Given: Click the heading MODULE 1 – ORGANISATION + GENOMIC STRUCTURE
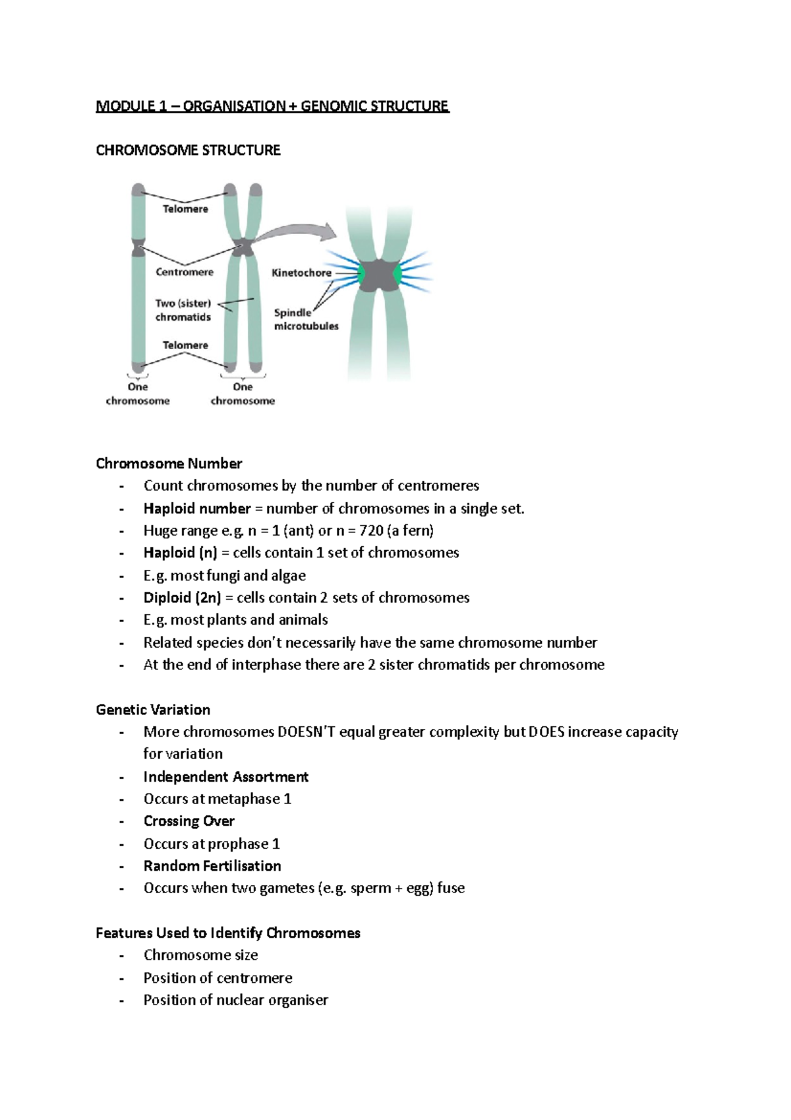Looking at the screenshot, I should click(272, 106).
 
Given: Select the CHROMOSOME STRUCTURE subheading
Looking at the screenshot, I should click(188, 150).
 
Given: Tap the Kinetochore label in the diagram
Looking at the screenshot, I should click(301, 272).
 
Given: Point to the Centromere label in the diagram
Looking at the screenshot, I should click(185, 272).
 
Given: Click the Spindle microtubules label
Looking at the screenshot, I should click(306, 319).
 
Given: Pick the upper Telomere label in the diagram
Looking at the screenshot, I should click(185, 208).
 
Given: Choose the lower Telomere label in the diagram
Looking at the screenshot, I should click(185, 345).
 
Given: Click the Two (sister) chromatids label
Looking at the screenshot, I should click(183, 310).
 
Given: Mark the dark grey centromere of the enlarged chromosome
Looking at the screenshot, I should click(378, 275).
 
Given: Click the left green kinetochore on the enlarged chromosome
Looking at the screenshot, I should click(361, 273).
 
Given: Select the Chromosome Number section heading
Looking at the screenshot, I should click(169, 464).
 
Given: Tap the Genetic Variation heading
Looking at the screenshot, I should click(153, 710).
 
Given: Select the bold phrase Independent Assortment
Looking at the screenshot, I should click(225, 777).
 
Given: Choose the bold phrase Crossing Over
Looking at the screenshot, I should click(189, 821).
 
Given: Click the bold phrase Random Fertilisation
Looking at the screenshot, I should click(212, 866).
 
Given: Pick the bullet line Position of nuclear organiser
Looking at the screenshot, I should click(235, 1000).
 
